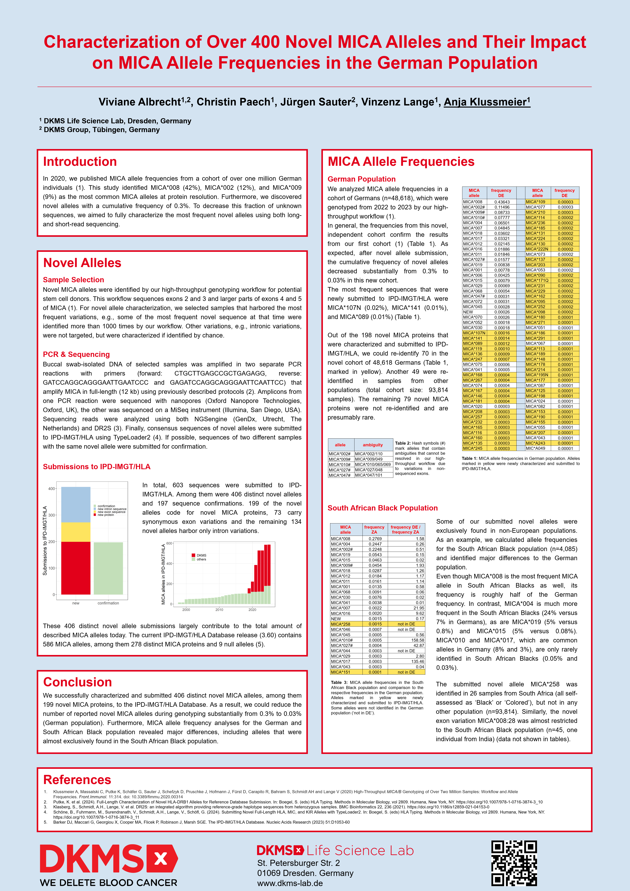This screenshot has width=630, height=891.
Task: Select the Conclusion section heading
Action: point(78,682)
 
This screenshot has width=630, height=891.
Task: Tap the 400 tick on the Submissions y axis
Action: point(52,489)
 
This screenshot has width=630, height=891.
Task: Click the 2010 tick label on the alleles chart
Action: point(219,610)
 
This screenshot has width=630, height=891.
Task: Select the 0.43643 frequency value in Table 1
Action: point(502,202)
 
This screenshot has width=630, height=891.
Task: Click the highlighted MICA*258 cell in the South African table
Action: point(341,624)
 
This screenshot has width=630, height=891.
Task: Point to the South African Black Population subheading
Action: point(382,508)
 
